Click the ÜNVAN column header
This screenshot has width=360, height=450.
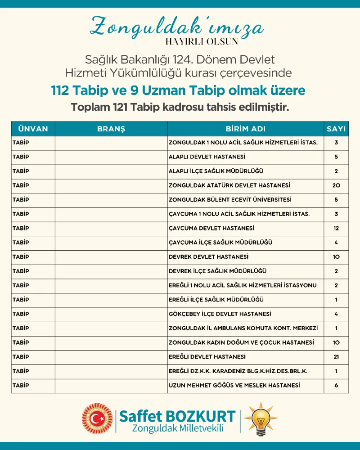pos(33,129)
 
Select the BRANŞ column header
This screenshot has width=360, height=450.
pos(111,129)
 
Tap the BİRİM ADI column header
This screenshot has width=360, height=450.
pos(246,129)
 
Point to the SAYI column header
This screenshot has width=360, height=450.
pos(336,129)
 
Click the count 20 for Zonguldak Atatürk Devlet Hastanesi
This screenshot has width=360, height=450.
pos(336,185)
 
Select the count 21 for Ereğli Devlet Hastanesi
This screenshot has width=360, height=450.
pos(336,357)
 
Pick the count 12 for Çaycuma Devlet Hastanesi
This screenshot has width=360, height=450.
pos(336,228)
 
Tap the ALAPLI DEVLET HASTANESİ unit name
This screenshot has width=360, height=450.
pos(207,157)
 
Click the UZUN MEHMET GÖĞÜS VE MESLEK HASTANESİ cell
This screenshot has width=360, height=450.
pos(234,386)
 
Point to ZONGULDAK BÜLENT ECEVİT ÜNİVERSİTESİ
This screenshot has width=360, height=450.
pos(230,200)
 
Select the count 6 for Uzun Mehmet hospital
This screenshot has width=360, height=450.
pos(336,386)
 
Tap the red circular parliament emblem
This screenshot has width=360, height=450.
pos(97,418)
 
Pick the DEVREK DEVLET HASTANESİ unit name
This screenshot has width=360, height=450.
pos(208,257)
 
